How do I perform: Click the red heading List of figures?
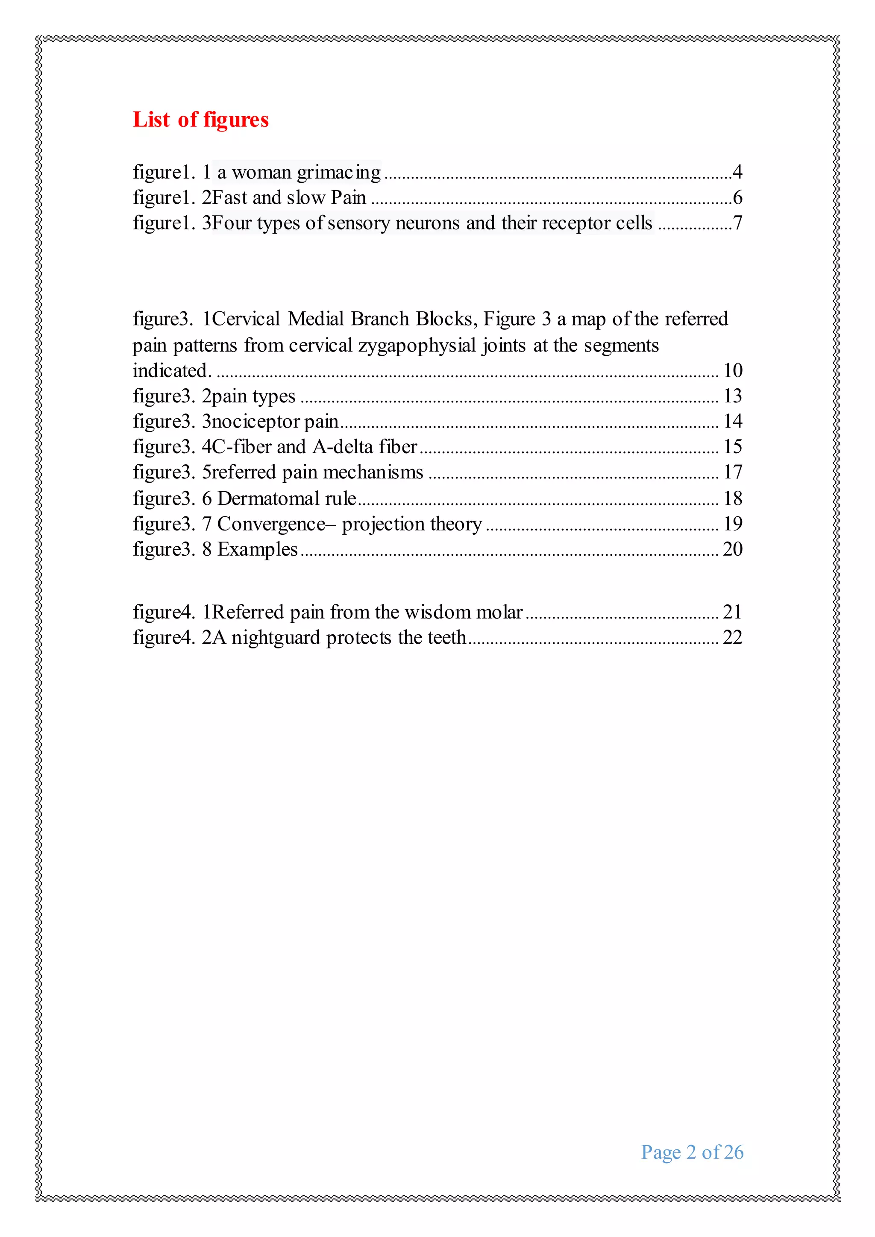click(x=200, y=120)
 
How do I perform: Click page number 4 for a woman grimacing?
click(x=737, y=172)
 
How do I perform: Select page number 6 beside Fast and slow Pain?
click(x=737, y=198)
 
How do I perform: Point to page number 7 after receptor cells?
click(x=737, y=223)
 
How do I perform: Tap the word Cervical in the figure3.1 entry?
click(x=246, y=319)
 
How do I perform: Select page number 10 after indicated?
click(x=733, y=371)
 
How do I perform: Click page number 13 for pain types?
click(x=733, y=396)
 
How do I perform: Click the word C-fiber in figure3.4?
click(x=242, y=447)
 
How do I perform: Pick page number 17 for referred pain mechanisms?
click(x=733, y=472)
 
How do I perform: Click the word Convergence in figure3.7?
click(x=270, y=524)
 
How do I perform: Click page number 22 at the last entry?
click(x=732, y=637)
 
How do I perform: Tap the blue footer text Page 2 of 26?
click(x=692, y=1152)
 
